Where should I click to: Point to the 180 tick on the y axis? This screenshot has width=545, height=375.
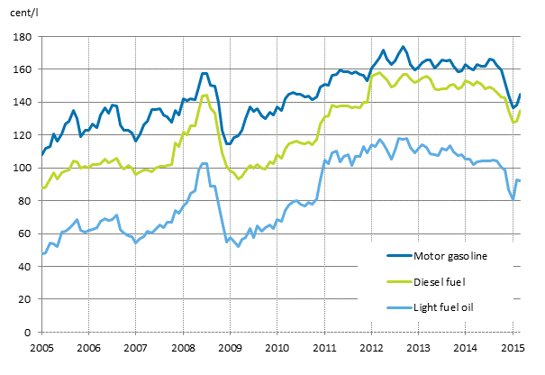tap(23, 37)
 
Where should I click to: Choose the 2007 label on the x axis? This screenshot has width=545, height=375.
tap(135, 348)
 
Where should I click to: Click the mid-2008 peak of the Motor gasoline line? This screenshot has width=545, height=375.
tap(204, 73)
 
